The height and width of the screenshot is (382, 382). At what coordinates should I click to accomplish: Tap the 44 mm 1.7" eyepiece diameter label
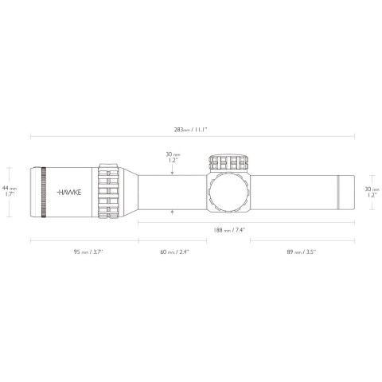tap(9, 189)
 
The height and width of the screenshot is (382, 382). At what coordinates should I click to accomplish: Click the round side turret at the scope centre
tap(229, 191)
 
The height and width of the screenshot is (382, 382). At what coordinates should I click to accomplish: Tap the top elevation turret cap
tap(229, 162)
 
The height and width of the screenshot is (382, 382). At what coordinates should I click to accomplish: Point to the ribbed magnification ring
tap(110, 191)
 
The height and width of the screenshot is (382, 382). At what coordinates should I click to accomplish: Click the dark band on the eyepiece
tap(44, 191)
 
